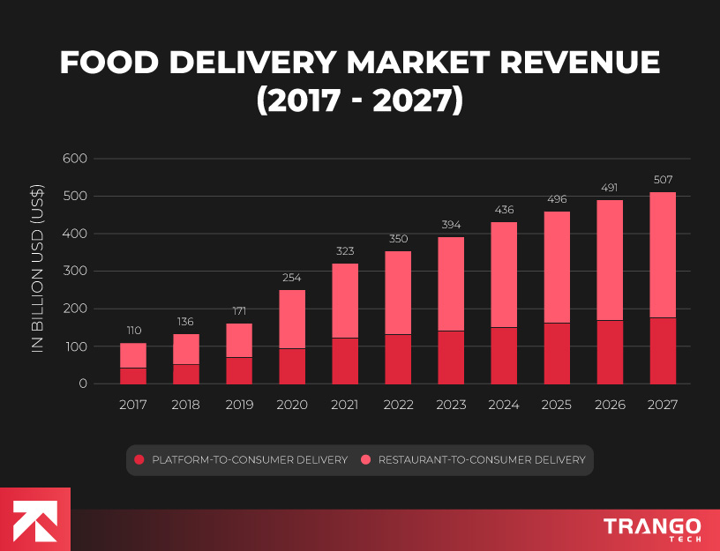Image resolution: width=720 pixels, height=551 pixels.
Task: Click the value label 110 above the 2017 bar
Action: pos(133,331)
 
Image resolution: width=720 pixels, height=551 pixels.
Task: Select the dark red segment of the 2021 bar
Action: pos(345,361)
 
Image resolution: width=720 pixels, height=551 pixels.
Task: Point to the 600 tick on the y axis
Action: pos(75,160)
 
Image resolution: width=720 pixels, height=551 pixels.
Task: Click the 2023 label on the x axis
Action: pos(451,405)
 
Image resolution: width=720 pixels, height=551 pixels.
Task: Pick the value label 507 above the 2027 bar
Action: pos(663,180)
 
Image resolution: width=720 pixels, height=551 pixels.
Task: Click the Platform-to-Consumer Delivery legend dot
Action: pos(139,459)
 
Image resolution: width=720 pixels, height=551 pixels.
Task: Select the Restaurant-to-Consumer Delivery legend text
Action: pos(482,459)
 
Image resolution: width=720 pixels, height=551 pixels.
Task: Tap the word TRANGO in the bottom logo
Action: pos(652,526)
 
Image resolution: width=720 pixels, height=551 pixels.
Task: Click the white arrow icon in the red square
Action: pos(34,519)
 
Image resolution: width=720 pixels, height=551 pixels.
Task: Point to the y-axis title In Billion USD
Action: pos(38,270)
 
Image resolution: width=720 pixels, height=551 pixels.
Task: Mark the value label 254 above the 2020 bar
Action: pos(292,278)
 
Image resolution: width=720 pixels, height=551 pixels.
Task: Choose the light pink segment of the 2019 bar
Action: pos(239,340)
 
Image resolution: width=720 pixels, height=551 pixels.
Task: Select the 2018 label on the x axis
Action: pos(186,405)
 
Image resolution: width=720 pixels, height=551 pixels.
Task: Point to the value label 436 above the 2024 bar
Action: pos(504,210)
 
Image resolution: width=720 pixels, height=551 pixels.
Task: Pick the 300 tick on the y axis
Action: pos(75,272)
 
